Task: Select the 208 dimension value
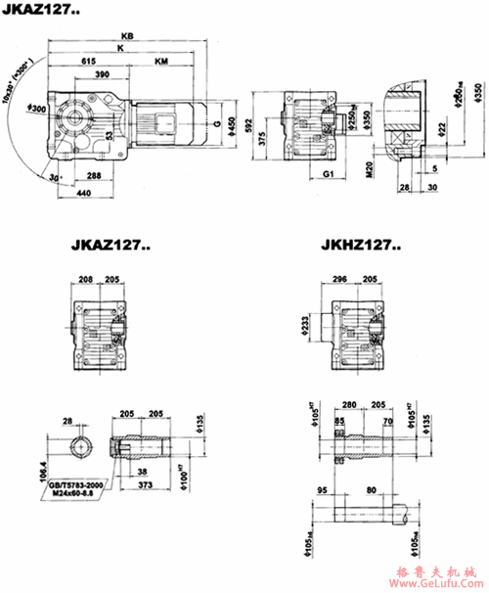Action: (85, 279)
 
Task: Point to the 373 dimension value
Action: (145, 485)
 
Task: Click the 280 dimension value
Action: (349, 403)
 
